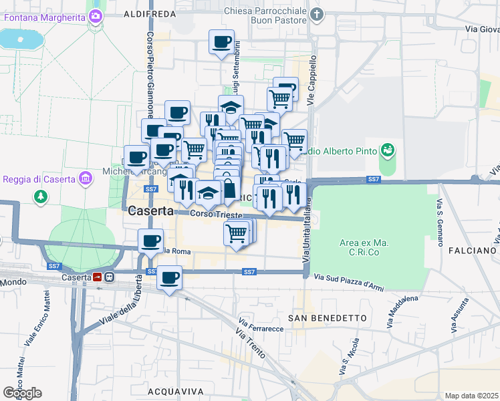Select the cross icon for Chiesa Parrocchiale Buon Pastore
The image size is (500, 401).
pos(318,13)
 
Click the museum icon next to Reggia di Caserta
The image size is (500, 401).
pos(84,178)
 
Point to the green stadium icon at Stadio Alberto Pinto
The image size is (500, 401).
pos(387,151)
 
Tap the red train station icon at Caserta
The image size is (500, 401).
pos(98,277)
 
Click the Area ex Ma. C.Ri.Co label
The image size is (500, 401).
pos(364,247)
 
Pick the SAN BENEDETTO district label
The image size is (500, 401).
pos(328,317)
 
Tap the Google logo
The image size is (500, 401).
pos(23,393)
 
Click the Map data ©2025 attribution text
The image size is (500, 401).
pos(472,396)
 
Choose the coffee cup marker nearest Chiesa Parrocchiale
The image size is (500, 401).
pos(221,43)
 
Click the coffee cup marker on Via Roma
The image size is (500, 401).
pos(150,240)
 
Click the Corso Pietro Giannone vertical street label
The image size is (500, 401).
pos(150,74)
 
